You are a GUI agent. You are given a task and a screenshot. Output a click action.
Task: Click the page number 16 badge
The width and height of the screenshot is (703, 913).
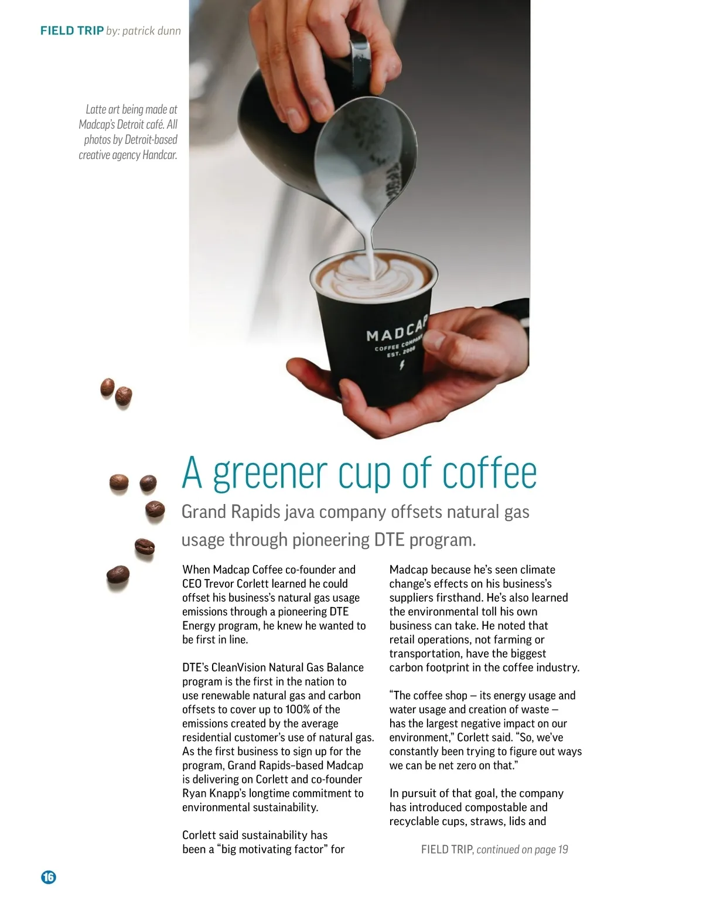pyautogui.click(x=49, y=877)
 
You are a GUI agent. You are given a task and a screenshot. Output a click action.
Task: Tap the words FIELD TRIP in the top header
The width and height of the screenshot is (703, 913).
pyautogui.click(x=72, y=30)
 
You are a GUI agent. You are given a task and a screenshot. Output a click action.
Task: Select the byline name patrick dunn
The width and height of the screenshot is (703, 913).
pyautogui.click(x=152, y=30)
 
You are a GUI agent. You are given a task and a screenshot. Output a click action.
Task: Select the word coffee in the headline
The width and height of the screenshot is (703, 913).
pyautogui.click(x=489, y=473)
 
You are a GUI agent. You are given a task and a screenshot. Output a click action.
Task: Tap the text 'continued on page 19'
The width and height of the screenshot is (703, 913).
pyautogui.click(x=522, y=849)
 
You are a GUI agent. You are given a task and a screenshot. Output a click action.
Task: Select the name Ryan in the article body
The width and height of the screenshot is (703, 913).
pyautogui.click(x=194, y=793)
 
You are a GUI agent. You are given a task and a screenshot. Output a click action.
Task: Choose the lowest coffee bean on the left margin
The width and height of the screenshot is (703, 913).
pyautogui.click(x=118, y=575)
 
